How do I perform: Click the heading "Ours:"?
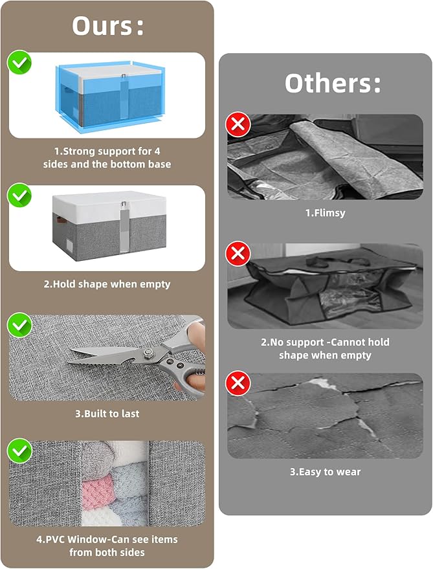[x=107, y=26]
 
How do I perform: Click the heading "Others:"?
[x=333, y=84]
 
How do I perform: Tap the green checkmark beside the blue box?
[x=19, y=63]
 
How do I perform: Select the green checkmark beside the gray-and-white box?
[x=19, y=195]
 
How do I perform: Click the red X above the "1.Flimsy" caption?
[x=238, y=124]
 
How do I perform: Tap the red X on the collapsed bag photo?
[x=238, y=253]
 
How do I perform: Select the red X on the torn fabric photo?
[x=238, y=383]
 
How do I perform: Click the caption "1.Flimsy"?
[x=325, y=213]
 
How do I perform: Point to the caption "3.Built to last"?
[x=107, y=414]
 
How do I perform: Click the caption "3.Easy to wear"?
[x=325, y=472]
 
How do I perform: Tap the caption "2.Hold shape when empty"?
[x=107, y=284]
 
